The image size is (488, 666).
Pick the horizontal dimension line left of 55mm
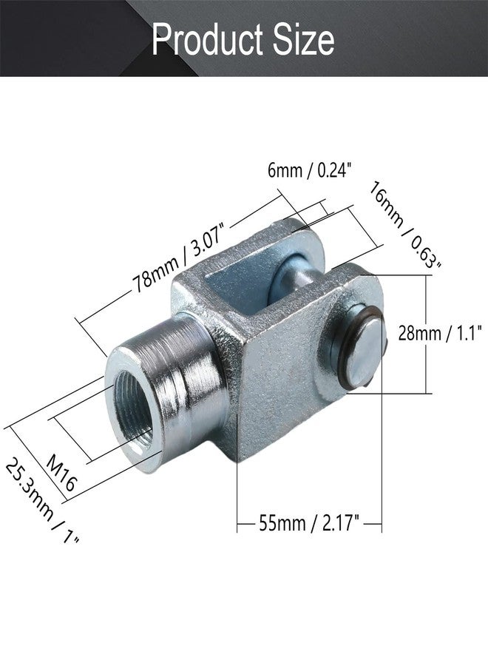tap(247, 525)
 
